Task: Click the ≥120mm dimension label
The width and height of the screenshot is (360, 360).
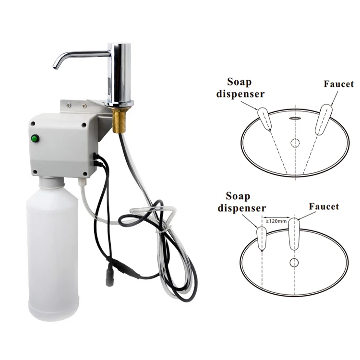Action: [276, 221]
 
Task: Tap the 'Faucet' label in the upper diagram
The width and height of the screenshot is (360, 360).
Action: [338, 84]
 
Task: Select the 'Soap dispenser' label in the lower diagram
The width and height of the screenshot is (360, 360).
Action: [242, 202]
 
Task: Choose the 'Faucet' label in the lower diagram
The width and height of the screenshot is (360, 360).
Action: [324, 207]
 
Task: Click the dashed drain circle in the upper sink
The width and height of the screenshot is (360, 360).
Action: [295, 143]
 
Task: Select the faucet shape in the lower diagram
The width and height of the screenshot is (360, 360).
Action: [294, 234]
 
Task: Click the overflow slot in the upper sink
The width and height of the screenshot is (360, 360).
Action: [294, 117]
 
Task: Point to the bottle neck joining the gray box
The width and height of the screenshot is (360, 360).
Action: [52, 182]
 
